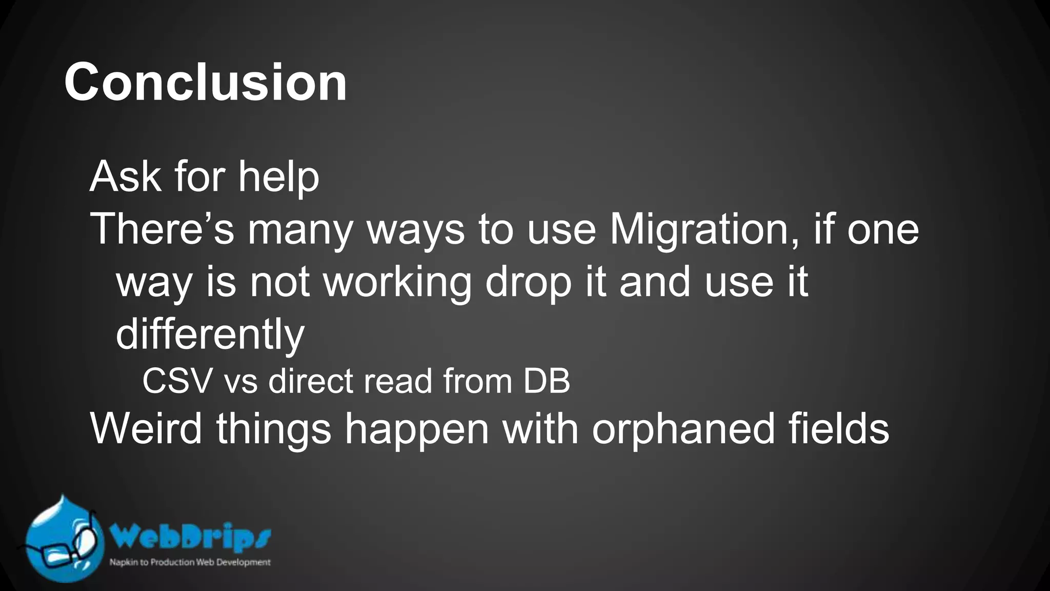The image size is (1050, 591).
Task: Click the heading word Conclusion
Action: (x=206, y=82)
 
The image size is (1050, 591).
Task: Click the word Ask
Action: (x=126, y=176)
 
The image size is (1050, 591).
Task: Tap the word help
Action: (x=278, y=178)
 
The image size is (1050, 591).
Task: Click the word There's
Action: (x=162, y=229)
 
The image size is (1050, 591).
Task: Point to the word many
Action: (x=300, y=232)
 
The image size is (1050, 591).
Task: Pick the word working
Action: (x=397, y=283)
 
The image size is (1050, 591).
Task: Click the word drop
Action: (x=528, y=283)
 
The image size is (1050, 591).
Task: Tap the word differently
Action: (x=210, y=334)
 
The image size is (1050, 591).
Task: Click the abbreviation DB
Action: (x=547, y=381)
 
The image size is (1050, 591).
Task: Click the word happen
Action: (x=416, y=430)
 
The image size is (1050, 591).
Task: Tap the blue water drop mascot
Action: (x=62, y=544)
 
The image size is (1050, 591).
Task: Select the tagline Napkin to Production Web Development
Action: (x=190, y=562)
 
